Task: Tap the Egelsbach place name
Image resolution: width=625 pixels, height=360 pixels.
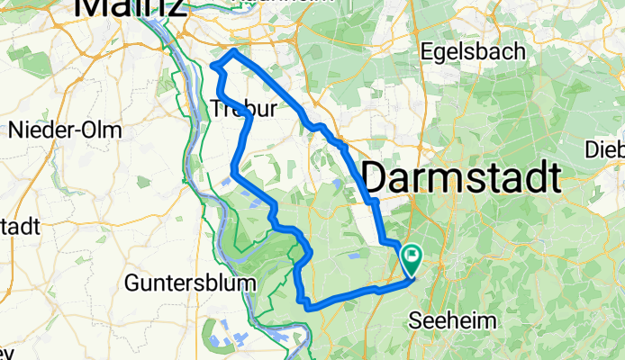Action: click(x=472, y=51)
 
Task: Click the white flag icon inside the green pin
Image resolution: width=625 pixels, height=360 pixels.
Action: click(x=411, y=256)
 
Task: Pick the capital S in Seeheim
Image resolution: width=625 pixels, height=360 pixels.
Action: click(x=415, y=320)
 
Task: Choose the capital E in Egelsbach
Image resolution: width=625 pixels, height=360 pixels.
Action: click(x=426, y=51)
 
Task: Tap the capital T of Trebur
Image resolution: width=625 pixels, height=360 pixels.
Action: click(x=217, y=109)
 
